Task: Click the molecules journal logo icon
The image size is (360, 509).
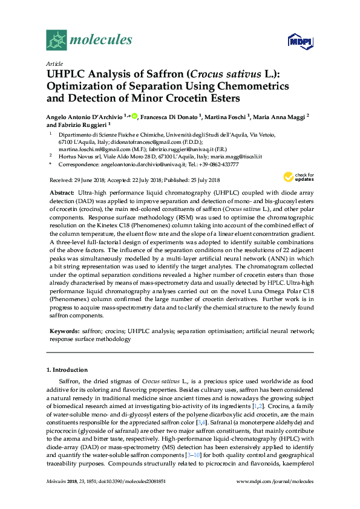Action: (56, 41)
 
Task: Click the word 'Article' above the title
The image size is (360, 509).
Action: (54, 63)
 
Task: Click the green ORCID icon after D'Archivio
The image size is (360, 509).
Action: (134, 115)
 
